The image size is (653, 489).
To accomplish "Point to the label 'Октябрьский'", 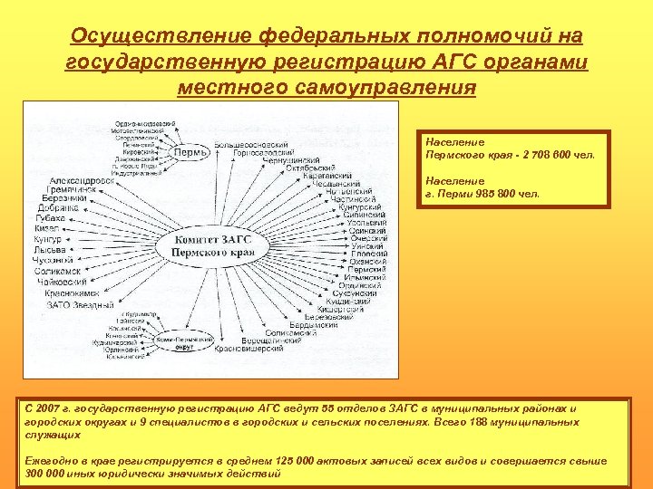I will (311, 168).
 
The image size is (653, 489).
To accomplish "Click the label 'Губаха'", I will (50, 218).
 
